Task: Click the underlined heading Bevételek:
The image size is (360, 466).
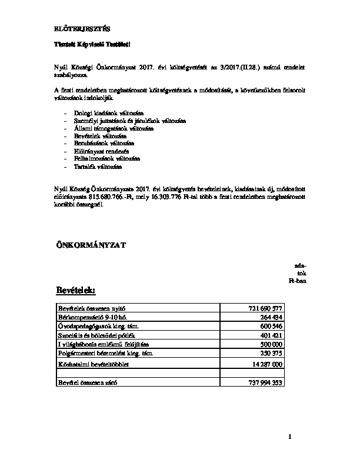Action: point(75,291)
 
